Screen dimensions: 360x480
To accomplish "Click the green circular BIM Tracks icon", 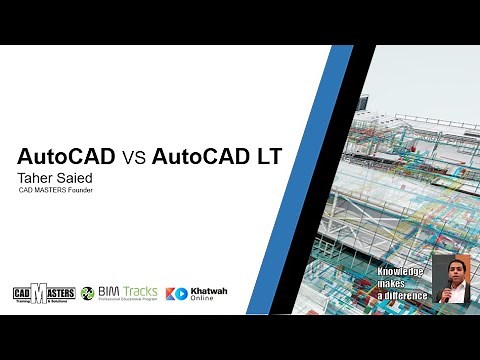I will click(88, 294).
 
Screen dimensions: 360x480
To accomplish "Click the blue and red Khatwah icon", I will click(177, 294).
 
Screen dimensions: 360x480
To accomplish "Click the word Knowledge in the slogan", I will click(400, 272).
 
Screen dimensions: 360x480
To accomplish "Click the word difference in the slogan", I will click(405, 297).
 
